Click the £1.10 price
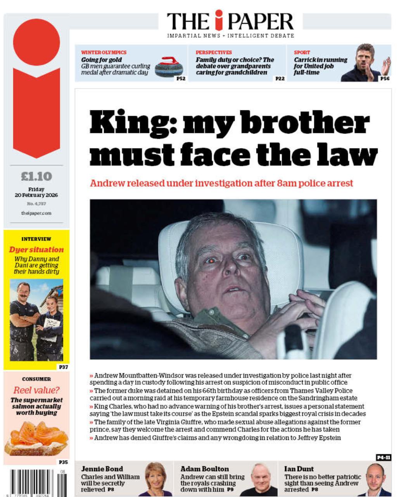click(x=36, y=177)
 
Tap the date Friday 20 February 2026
click(x=36, y=192)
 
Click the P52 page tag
click(x=181, y=78)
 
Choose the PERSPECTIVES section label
click(x=214, y=52)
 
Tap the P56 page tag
click(x=385, y=78)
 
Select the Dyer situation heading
click(x=36, y=250)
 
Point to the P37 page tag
click(x=63, y=367)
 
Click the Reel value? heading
click(x=36, y=390)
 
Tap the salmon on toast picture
click(x=36, y=437)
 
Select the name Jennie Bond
click(x=102, y=469)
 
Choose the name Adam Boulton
click(x=204, y=469)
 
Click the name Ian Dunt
click(x=299, y=469)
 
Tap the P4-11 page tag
click(x=383, y=457)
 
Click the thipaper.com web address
click(x=36, y=213)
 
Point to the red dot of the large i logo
click(x=36, y=42)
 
